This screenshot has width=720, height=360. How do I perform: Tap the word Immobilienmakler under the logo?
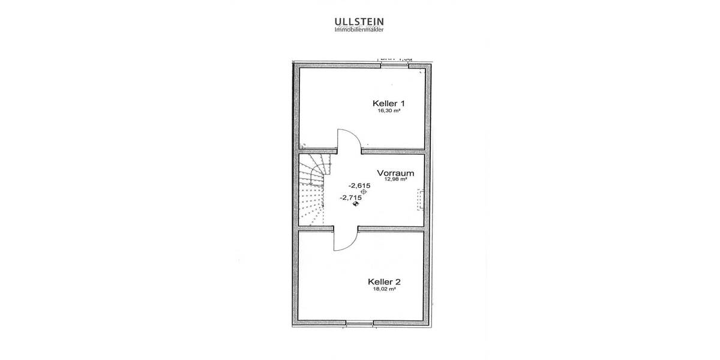[x=359, y=29]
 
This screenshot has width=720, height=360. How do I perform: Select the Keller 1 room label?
[x=388, y=103]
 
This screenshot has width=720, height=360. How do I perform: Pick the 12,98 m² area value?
[x=396, y=179]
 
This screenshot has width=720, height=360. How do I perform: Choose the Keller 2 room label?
[x=384, y=281]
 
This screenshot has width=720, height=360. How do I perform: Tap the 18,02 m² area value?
[x=384, y=289]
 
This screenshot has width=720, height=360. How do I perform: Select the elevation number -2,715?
[x=351, y=197]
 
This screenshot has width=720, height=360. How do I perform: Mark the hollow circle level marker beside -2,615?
[x=363, y=191]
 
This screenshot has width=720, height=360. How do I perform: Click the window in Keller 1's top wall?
[x=394, y=64]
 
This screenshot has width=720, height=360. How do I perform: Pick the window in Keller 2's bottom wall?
[x=359, y=324]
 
